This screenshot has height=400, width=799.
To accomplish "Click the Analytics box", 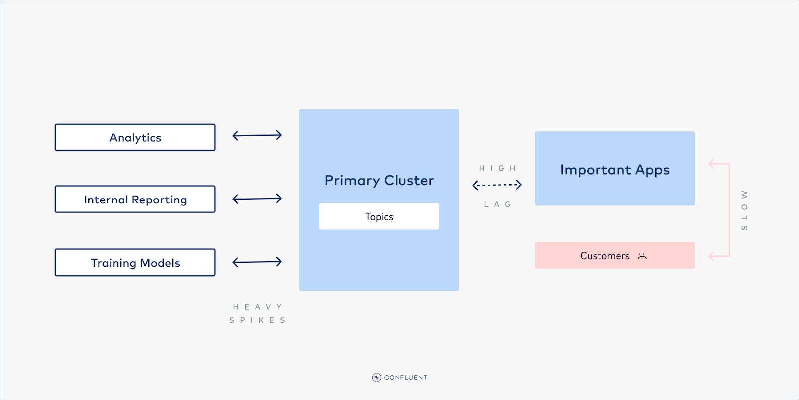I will (135, 138).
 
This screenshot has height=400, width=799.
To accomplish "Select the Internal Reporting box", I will (135, 200).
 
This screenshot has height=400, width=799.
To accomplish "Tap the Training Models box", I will (135, 263).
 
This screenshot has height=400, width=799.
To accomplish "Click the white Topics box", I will (379, 216).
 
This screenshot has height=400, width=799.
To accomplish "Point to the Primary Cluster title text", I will (379, 180).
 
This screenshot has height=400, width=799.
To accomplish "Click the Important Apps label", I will (614, 170).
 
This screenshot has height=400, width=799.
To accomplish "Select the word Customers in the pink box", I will (604, 256).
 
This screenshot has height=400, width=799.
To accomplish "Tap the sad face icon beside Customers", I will (642, 256).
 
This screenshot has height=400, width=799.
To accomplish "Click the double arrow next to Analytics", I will (257, 135).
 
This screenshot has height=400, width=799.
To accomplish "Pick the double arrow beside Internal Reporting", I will (257, 199).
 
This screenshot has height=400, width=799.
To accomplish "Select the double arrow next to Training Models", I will (257, 262).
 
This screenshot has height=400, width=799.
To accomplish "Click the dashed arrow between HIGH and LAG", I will (497, 185).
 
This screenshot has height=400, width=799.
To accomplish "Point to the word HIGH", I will (497, 168).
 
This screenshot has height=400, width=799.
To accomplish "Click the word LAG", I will (497, 204).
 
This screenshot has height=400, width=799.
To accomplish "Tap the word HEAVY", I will (257, 307).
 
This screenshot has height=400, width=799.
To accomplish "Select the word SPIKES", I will (257, 320).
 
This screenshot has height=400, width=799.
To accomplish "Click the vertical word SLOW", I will (744, 210).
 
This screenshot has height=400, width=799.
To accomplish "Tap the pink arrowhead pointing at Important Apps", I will (712, 164).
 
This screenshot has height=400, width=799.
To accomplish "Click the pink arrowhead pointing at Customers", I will (712, 256).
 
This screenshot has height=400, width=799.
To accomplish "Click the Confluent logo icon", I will (377, 377).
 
